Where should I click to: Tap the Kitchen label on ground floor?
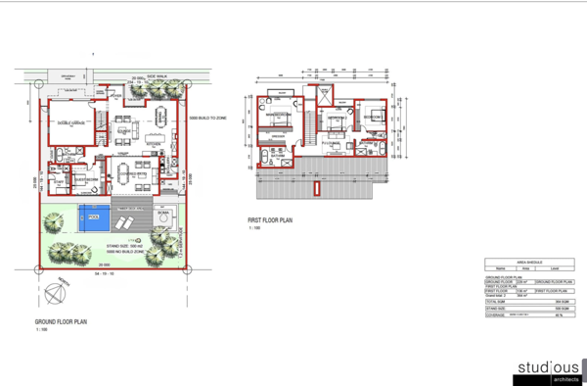pos(153,143)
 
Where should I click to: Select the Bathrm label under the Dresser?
pos(278,155)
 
